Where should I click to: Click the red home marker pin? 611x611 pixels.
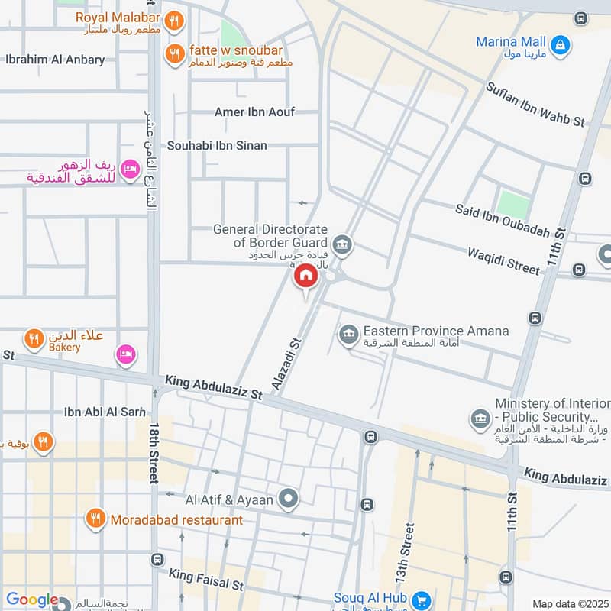pos(305,276)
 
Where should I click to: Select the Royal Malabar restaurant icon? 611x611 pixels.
pos(175,21)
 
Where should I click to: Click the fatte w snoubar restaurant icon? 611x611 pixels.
pos(175,53)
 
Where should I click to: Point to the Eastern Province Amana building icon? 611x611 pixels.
pos(349,334)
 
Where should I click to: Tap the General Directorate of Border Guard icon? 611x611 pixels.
pos(342,244)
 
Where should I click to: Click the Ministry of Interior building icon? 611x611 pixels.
pos(480,418)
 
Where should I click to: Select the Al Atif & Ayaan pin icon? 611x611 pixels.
pos(288,500)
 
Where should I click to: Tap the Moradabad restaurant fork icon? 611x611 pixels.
pos(95,520)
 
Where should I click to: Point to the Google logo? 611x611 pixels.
pos(32,600)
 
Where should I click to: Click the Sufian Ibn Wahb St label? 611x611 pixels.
pos(535,105)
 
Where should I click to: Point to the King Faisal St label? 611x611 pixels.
pos(206,580)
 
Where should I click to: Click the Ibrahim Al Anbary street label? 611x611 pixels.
pos(55,60)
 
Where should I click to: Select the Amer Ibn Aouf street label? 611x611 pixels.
pos(254,112)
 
